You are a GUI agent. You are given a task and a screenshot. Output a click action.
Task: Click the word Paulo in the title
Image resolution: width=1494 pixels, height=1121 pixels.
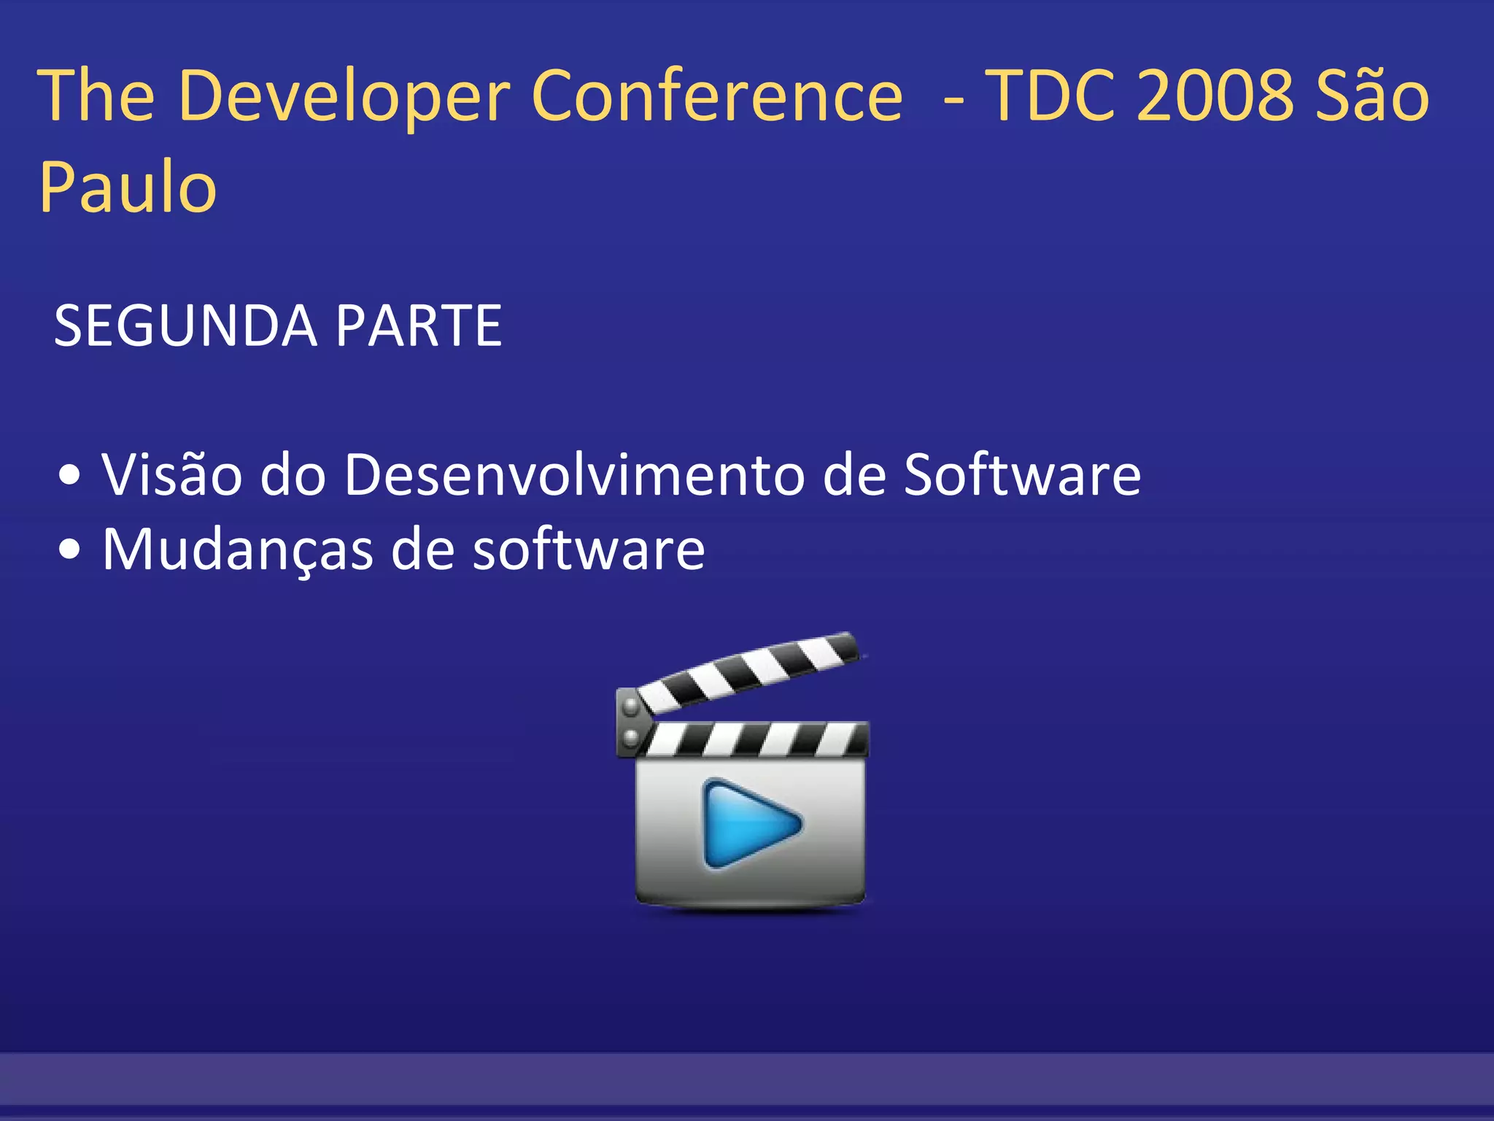(128, 187)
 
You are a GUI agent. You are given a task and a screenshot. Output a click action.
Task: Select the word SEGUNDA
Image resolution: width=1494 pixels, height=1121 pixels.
(185, 325)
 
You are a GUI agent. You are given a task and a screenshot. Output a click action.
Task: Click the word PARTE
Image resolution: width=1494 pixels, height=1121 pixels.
(419, 325)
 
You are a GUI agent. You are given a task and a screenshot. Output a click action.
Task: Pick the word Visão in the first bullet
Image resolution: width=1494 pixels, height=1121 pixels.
(172, 474)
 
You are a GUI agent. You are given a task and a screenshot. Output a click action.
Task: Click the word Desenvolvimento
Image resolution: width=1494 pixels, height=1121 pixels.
(573, 474)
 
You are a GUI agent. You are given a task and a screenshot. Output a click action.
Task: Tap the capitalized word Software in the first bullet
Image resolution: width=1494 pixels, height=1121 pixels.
(1022, 474)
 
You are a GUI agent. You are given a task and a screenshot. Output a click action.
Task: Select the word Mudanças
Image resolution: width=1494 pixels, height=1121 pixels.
(238, 549)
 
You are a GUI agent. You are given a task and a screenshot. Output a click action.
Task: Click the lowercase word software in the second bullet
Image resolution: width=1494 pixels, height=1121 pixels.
(589, 549)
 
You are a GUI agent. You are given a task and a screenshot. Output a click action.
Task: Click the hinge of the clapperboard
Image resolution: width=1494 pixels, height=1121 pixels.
(630, 721)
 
